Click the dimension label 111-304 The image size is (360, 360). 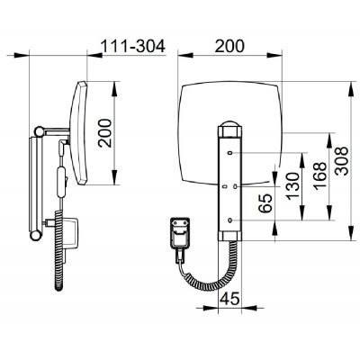133,46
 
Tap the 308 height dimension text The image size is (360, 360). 342,161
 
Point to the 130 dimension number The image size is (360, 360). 292,186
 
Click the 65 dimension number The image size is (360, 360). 265,203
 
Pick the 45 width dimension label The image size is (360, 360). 230,299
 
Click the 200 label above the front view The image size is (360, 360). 229,46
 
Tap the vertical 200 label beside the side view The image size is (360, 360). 104,133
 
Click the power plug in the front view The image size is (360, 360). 180,237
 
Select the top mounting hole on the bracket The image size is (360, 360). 230,153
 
